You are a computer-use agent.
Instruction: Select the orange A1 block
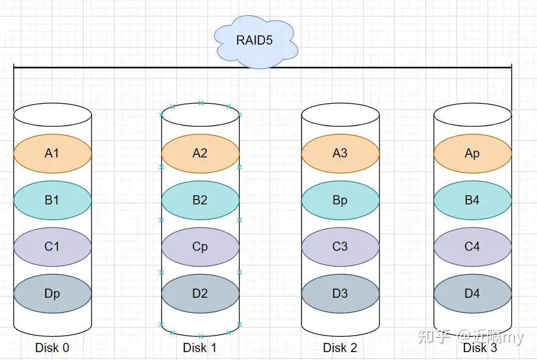52,153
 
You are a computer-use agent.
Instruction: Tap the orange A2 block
200,153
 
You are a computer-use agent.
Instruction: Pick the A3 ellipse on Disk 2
340,153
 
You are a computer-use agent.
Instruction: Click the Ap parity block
472,153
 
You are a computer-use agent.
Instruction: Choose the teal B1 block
52,200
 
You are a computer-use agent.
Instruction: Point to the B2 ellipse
200,200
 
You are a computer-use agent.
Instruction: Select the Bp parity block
340,200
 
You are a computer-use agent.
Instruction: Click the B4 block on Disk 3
472,200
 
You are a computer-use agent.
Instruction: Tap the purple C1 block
52,247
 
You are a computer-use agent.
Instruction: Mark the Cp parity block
200,247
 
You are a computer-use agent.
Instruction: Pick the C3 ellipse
340,247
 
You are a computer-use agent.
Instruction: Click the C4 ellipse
472,247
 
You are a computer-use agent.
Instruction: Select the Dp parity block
52,293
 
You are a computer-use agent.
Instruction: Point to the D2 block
200,293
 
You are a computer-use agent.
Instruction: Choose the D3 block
340,293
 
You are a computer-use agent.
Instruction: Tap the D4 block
472,293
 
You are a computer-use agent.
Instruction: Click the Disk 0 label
52,348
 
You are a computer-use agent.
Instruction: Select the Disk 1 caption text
200,348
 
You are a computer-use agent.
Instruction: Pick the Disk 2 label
340,348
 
